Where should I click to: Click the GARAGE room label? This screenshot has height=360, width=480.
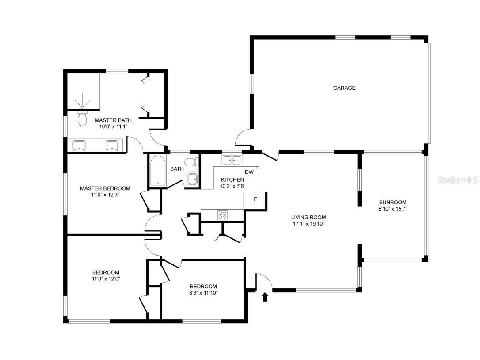point(344,88)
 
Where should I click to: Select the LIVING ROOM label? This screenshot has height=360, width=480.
point(308,217)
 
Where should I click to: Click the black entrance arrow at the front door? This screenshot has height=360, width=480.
point(265,297)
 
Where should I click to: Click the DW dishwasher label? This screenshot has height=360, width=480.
point(249,172)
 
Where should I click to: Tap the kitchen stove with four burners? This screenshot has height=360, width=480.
point(222,215)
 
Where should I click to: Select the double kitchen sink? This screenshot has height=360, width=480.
point(232,160)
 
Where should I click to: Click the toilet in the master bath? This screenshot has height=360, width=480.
point(82,119)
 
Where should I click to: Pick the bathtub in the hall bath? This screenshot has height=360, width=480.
point(157,171)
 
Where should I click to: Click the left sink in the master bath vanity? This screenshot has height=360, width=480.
point(80,145)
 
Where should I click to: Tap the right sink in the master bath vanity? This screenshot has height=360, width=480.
point(112,145)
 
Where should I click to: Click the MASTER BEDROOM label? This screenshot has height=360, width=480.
point(105,188)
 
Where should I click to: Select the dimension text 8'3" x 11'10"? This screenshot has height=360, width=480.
point(203,293)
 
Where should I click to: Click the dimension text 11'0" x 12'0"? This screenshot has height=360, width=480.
point(106,279)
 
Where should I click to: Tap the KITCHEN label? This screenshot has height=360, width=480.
point(232,180)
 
